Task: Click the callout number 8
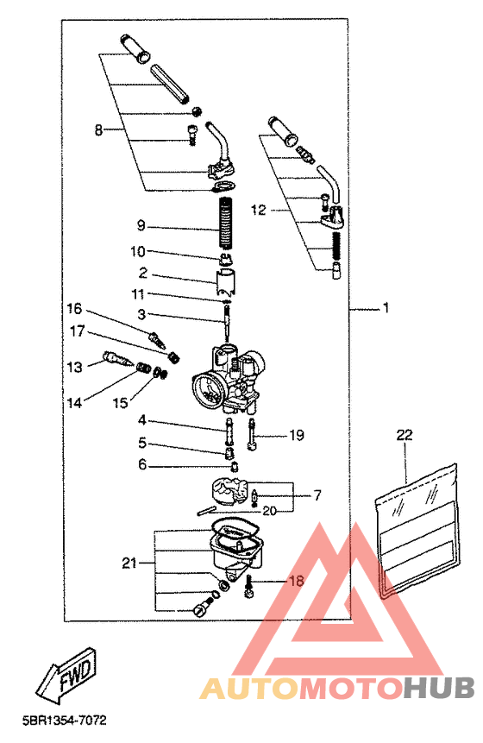98,129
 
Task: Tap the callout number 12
258,210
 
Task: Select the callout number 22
405,435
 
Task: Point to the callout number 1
386,307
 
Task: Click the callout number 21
129,563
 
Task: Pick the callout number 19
297,435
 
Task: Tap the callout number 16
74,309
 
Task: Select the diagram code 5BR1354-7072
65,721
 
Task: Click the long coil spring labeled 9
227,222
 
